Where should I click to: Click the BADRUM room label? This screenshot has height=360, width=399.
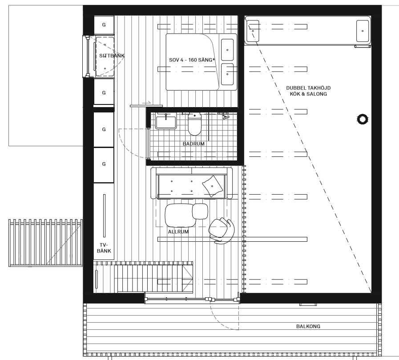193,144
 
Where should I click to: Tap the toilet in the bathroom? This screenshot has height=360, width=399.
194,124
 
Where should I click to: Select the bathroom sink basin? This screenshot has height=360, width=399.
166,123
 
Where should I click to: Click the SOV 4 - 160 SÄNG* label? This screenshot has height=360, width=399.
192,60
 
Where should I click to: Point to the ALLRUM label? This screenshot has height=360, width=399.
178,232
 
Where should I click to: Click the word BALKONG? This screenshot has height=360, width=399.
308,326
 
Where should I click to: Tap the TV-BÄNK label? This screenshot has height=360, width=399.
104,248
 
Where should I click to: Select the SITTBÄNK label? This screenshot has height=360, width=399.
112,56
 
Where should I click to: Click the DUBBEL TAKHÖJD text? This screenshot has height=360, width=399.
308,88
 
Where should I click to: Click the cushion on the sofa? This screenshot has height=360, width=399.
212,186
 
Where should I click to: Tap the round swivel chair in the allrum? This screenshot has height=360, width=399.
222,230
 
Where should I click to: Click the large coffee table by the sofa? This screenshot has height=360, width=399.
179,215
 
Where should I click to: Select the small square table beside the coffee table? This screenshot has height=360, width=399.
200,211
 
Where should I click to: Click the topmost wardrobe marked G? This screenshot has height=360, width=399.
104,25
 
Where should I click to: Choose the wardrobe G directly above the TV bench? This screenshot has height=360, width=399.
104,164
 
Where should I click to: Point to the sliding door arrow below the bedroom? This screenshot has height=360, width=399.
146,103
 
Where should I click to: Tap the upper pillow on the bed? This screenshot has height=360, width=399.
227,50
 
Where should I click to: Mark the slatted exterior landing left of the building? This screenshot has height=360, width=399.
45,243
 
